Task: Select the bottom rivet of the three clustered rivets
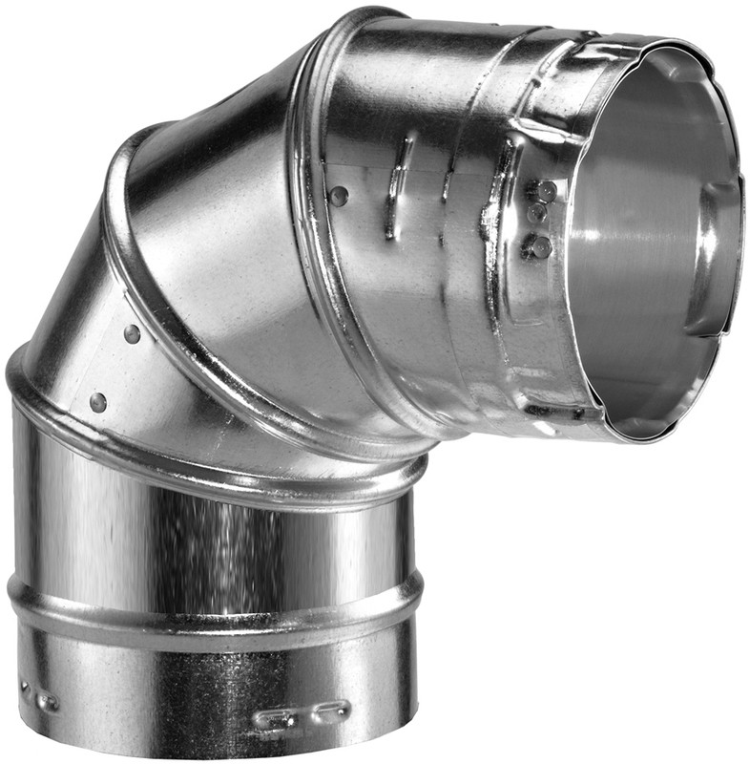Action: (540, 247)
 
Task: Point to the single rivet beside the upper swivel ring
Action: (339, 196)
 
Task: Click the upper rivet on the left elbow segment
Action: (132, 334)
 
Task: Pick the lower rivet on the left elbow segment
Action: (98, 402)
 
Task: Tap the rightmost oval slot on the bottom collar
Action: (332, 709)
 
